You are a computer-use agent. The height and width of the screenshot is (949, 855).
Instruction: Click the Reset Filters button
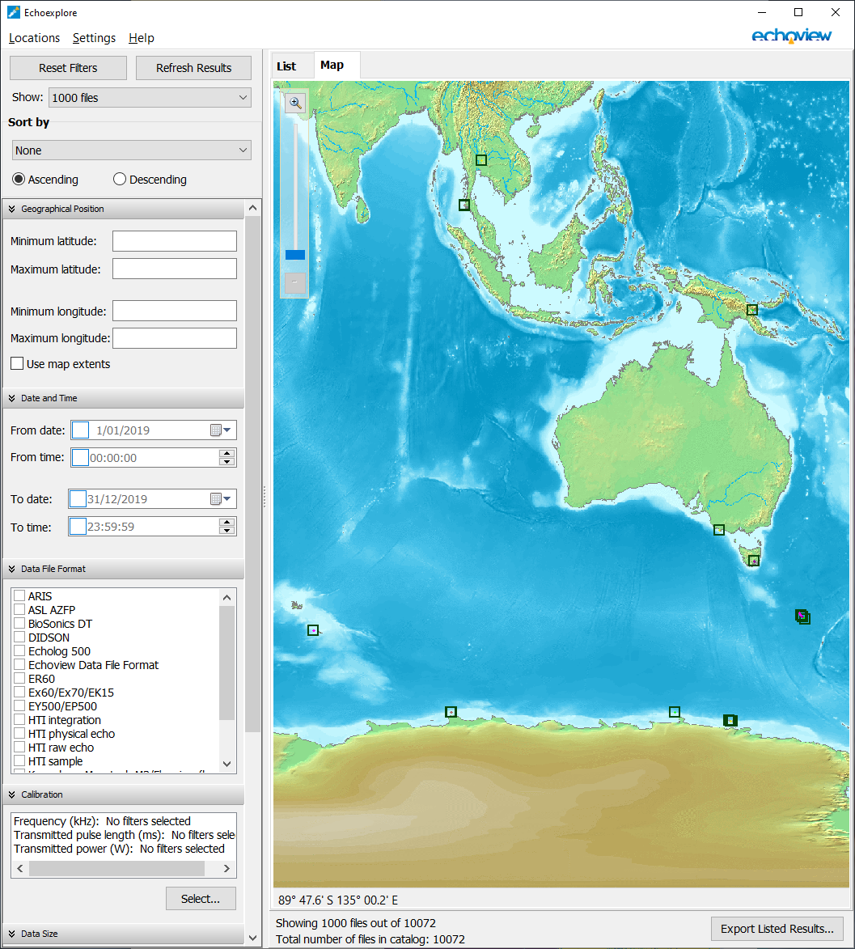[x=68, y=68]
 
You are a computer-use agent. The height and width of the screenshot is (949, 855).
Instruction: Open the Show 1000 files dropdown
[x=150, y=98]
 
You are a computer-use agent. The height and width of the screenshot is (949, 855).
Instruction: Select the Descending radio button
[x=120, y=180]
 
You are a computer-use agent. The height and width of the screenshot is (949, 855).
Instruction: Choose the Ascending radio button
[x=19, y=180]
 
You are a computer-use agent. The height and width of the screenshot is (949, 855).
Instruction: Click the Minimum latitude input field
[x=174, y=241]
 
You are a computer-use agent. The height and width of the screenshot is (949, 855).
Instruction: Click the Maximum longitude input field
[x=174, y=338]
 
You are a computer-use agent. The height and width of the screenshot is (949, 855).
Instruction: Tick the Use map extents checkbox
[x=17, y=364]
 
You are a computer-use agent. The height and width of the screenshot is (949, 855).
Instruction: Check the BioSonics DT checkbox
[x=19, y=624]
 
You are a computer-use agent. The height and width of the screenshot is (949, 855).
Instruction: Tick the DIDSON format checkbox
[x=19, y=638]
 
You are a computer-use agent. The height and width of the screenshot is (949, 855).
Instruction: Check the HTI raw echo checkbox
[x=19, y=748]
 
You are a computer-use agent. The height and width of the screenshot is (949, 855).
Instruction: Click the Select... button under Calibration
[x=201, y=899]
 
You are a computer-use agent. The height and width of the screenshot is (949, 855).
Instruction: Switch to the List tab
[x=286, y=66]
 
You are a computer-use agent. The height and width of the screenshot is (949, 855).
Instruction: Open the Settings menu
[x=94, y=38]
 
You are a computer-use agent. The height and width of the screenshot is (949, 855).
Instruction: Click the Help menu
[x=142, y=38]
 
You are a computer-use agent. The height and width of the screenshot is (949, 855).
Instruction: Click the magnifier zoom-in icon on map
[x=295, y=103]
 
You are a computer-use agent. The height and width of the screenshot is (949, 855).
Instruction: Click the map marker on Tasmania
[x=754, y=561]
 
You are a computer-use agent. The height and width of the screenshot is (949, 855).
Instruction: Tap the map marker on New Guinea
[x=752, y=310]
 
